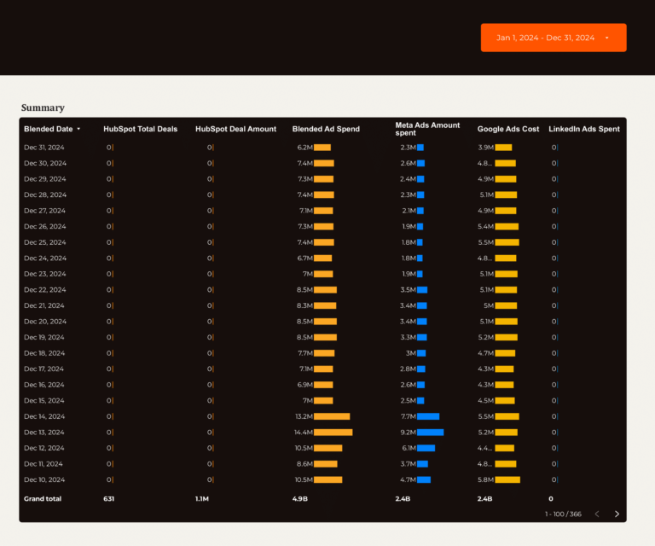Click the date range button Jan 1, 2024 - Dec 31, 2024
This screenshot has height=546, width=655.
[553, 38]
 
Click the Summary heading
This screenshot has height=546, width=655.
[43, 107]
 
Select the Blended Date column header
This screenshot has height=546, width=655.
[49, 129]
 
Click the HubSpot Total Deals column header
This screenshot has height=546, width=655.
[140, 129]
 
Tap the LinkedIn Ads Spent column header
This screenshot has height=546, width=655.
[583, 129]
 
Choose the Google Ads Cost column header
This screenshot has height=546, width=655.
[507, 129]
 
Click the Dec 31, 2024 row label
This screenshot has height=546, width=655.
[44, 148]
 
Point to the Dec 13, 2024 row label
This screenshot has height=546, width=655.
[44, 433]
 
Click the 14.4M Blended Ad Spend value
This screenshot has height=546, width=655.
[304, 433]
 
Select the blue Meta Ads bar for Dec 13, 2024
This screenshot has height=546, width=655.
[430, 433]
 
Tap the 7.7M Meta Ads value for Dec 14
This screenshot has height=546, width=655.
[408, 416]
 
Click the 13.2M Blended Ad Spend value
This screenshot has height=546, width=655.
[304, 416]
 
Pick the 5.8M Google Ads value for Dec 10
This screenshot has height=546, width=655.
[485, 479]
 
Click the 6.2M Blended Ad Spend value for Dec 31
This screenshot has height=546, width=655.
[304, 148]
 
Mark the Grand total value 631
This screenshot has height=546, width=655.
[109, 498]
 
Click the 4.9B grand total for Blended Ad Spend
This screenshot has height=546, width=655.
[299, 498]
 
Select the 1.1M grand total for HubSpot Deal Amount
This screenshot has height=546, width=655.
[202, 498]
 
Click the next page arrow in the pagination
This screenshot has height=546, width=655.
[617, 514]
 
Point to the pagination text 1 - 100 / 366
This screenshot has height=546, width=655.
[563, 514]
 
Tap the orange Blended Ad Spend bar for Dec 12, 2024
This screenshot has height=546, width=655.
[327, 448]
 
